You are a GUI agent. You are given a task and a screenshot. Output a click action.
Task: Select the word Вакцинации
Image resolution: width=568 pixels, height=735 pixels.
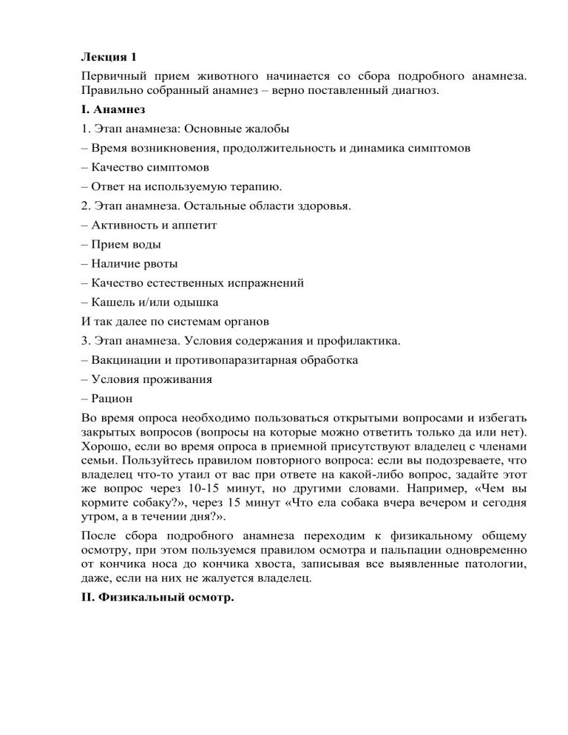pos(125,360)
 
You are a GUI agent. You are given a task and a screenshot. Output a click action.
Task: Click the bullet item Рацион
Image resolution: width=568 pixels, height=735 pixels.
pos(112,399)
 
